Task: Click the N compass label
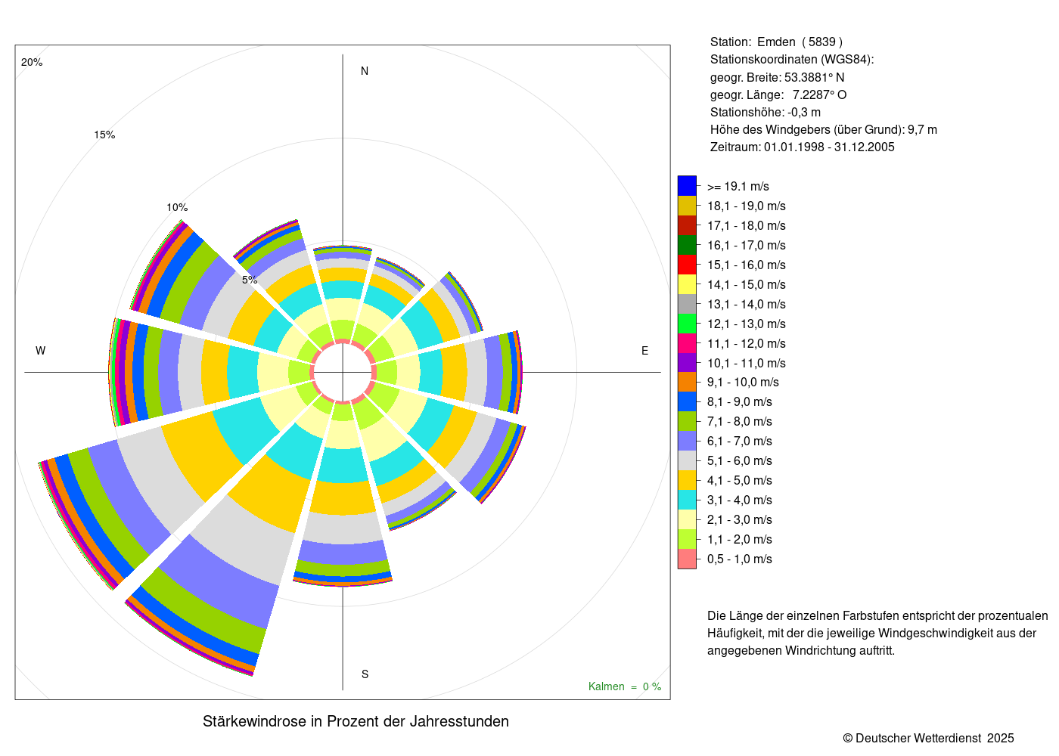(365, 71)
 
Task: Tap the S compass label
(365, 674)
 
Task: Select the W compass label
(41, 351)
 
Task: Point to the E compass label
(644, 351)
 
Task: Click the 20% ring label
(32, 63)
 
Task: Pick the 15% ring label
(104, 135)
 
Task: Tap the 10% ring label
(177, 208)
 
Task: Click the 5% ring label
(250, 280)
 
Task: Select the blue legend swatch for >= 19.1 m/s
(687, 186)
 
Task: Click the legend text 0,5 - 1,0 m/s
(740, 559)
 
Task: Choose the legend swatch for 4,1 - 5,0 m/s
(687, 480)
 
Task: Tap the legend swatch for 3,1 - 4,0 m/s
(687, 500)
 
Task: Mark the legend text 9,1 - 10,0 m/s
(743, 383)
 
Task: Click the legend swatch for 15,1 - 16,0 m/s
(687, 265)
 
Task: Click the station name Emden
(776, 42)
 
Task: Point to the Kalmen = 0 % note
(625, 686)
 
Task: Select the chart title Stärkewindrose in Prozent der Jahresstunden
(356, 721)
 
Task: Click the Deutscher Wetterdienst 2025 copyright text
(928, 738)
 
